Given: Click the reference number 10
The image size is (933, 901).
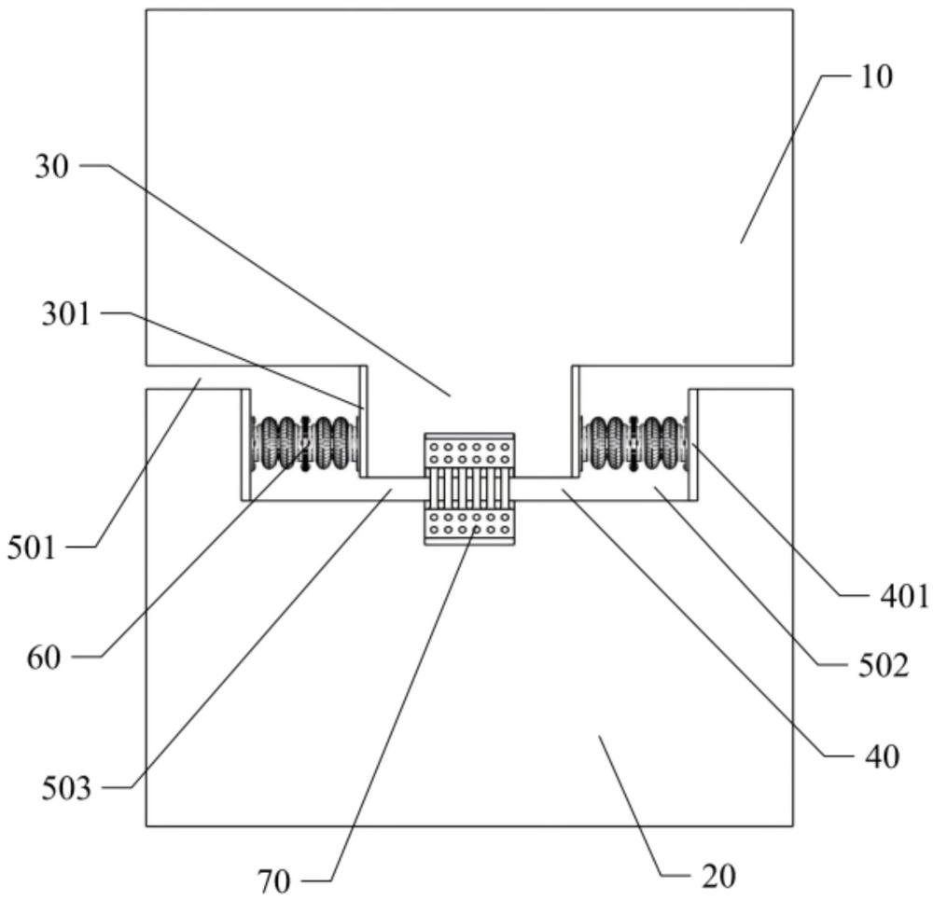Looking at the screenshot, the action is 876,76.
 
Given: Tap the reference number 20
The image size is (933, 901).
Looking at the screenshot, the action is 718,876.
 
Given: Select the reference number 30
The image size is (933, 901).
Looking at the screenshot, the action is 51,167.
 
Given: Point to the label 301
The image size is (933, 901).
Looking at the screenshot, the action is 66,313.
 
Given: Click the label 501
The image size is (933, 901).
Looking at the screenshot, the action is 32,548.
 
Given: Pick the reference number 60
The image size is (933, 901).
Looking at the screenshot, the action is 44,658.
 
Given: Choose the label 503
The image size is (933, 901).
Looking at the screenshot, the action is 66,788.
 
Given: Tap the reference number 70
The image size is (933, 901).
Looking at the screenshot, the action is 274,881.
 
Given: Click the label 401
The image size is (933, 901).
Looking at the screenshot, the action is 904,596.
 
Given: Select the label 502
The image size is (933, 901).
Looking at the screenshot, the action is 883,666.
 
